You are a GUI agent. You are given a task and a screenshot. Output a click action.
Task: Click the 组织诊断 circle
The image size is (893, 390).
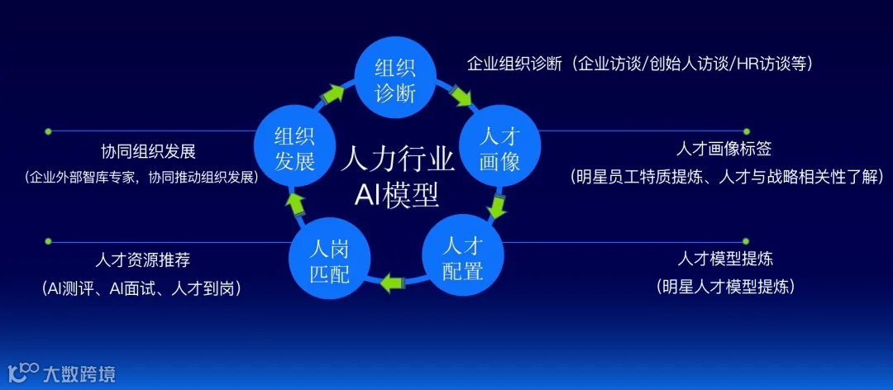[x=395, y=78]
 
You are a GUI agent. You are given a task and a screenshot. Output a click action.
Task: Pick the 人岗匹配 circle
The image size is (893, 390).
[x=329, y=260]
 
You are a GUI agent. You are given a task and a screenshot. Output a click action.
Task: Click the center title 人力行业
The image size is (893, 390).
[x=397, y=157]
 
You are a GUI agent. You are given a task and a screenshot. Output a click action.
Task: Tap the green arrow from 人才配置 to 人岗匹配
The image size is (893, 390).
[x=393, y=283]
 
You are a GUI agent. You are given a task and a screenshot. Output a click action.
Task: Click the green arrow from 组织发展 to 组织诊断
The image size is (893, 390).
[x=333, y=93]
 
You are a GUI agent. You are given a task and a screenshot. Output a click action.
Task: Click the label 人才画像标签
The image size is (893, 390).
[x=723, y=150]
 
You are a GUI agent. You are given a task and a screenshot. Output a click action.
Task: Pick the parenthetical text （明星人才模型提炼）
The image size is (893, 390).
[x=725, y=287]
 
